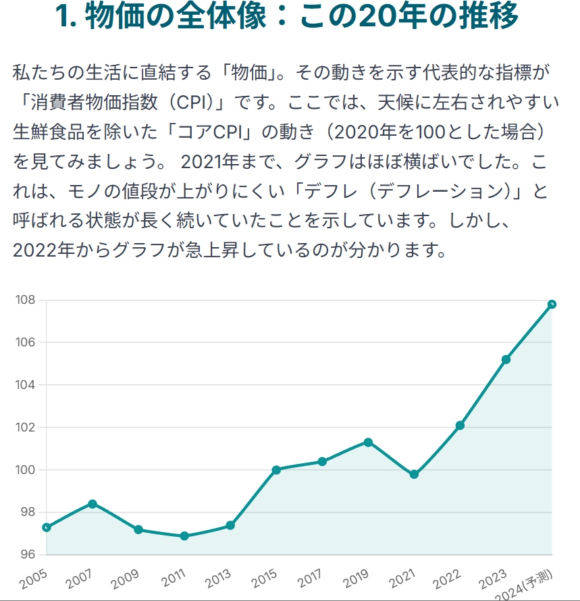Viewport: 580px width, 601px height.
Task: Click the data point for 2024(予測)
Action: pyautogui.click(x=552, y=304)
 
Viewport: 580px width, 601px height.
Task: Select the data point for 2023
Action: pyautogui.click(x=506, y=359)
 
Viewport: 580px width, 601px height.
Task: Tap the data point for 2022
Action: pyautogui.click(x=460, y=425)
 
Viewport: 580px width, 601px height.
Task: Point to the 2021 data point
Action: pyautogui.click(x=414, y=475)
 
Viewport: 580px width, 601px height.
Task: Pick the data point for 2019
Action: pyautogui.click(x=368, y=442)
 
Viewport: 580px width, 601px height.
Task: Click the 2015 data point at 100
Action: pyautogui.click(x=276, y=470)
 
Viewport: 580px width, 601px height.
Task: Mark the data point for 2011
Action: pyautogui.click(x=184, y=536)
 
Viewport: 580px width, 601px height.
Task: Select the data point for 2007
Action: pyautogui.click(x=93, y=504)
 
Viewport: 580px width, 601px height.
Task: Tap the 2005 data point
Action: pyautogui.click(x=47, y=527)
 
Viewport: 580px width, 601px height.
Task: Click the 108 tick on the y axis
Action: pyautogui.click(x=26, y=300)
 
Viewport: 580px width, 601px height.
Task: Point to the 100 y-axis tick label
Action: pyautogui.click(x=26, y=470)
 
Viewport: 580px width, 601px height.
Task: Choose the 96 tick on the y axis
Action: pyautogui.click(x=27, y=554)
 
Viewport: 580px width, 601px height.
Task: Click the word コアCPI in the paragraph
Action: pyautogui.click(x=207, y=132)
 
